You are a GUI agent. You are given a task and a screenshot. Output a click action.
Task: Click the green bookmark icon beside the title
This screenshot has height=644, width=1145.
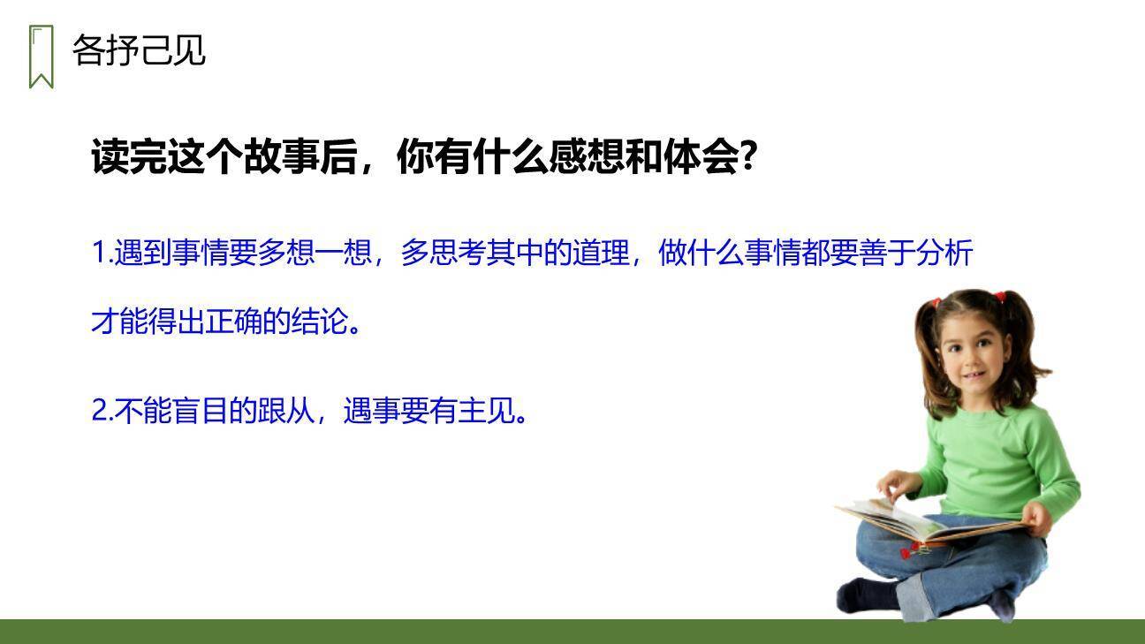tap(41, 57)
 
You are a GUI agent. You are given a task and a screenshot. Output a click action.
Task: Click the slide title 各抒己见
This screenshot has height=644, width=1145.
tap(139, 50)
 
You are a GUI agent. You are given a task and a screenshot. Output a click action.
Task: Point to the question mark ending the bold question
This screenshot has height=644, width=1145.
tap(747, 158)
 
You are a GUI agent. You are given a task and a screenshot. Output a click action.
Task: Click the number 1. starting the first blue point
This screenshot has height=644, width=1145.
tap(102, 254)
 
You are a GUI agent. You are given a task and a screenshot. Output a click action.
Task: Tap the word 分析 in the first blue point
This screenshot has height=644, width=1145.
tap(944, 254)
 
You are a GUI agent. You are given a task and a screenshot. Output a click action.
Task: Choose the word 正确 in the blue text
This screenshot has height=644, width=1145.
tap(233, 322)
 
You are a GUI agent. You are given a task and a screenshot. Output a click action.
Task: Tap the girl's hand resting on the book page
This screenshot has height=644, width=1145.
tap(897, 484)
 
